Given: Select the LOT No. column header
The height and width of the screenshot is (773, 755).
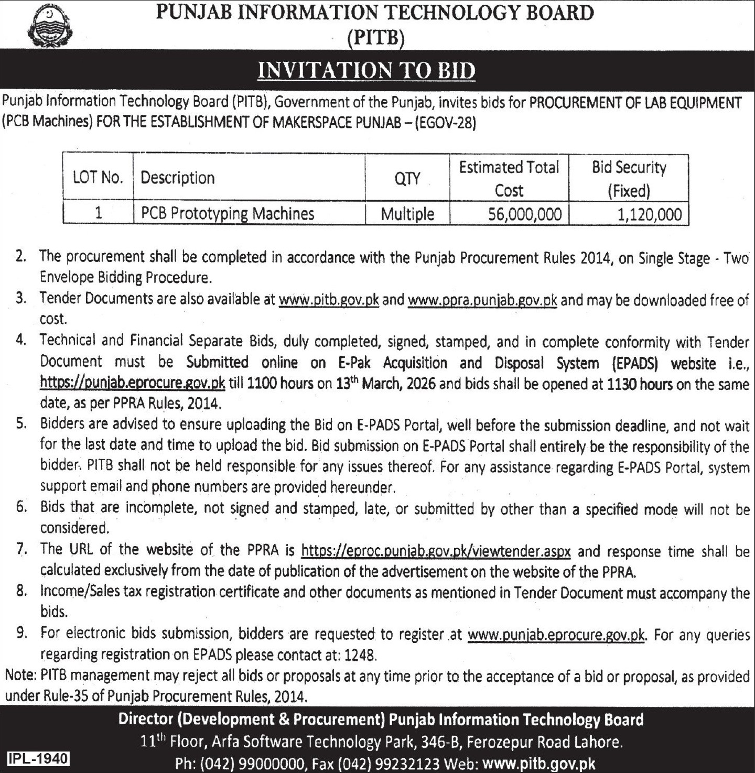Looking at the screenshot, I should coord(98,178).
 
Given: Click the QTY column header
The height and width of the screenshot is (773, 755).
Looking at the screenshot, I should coord(407,178).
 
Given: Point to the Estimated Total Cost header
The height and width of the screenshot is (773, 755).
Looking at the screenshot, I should coord(509,178).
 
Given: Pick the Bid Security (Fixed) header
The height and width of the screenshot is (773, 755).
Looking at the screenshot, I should coord(629,178).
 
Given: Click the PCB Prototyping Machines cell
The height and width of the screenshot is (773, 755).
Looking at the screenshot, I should coord(227,214).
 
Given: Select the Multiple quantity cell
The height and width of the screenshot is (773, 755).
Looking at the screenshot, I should coord(407,214).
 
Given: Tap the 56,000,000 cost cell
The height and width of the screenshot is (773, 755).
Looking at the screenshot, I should coord(525,214).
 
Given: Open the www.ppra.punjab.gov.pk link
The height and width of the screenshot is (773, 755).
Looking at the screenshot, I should coord(482,301).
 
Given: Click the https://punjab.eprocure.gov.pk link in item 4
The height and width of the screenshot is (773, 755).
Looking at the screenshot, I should coord(133,383).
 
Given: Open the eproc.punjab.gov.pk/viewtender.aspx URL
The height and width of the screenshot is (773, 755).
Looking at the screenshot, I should coord(436,551).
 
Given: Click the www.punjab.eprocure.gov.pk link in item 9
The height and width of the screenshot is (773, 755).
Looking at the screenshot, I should coord(556,635).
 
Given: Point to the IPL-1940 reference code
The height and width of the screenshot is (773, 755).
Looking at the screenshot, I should coord(38,758).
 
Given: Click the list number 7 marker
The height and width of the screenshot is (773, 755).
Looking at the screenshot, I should coord(21,550).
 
